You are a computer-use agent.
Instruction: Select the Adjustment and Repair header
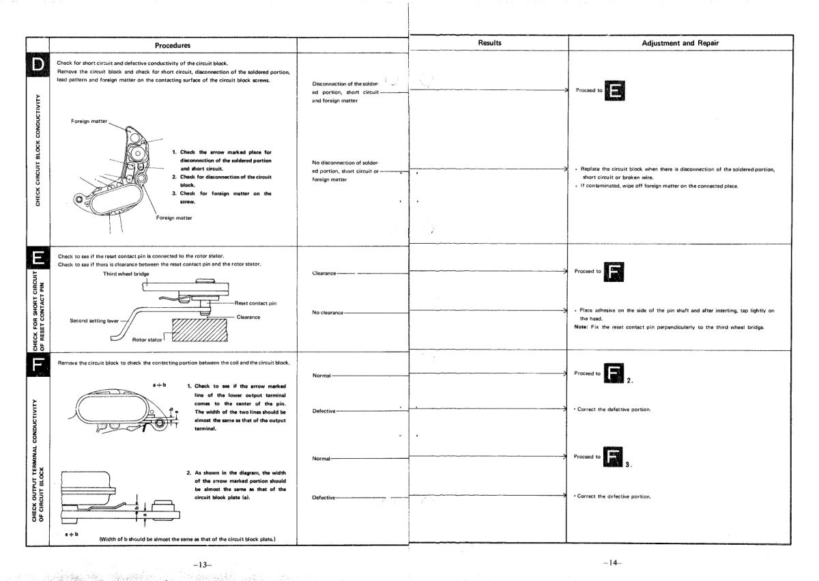[691, 42]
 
